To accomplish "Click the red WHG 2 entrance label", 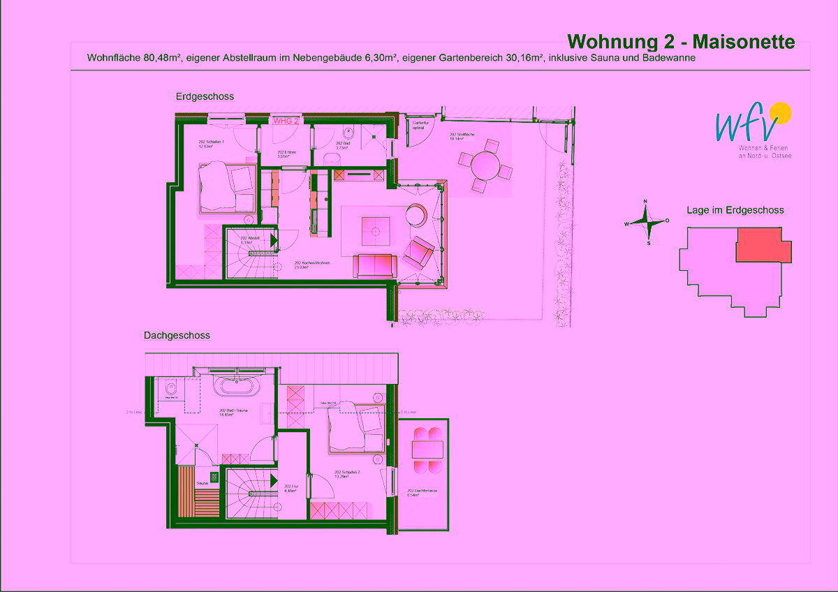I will click(x=286, y=121).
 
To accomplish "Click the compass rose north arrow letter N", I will click(x=645, y=202).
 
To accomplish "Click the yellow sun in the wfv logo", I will click(x=779, y=112).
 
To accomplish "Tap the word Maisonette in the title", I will click(x=743, y=42).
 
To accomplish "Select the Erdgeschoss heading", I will click(x=205, y=96).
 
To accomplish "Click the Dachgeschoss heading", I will click(x=177, y=335).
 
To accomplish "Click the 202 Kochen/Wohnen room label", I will click(x=307, y=265).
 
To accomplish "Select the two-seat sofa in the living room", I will click(x=375, y=266).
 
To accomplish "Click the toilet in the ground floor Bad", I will click(x=351, y=133).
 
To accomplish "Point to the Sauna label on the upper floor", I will click(x=203, y=482).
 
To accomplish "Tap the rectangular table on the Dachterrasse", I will click(x=427, y=447).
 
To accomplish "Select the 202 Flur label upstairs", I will click(x=291, y=488).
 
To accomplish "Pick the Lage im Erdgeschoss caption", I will click(x=735, y=209).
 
